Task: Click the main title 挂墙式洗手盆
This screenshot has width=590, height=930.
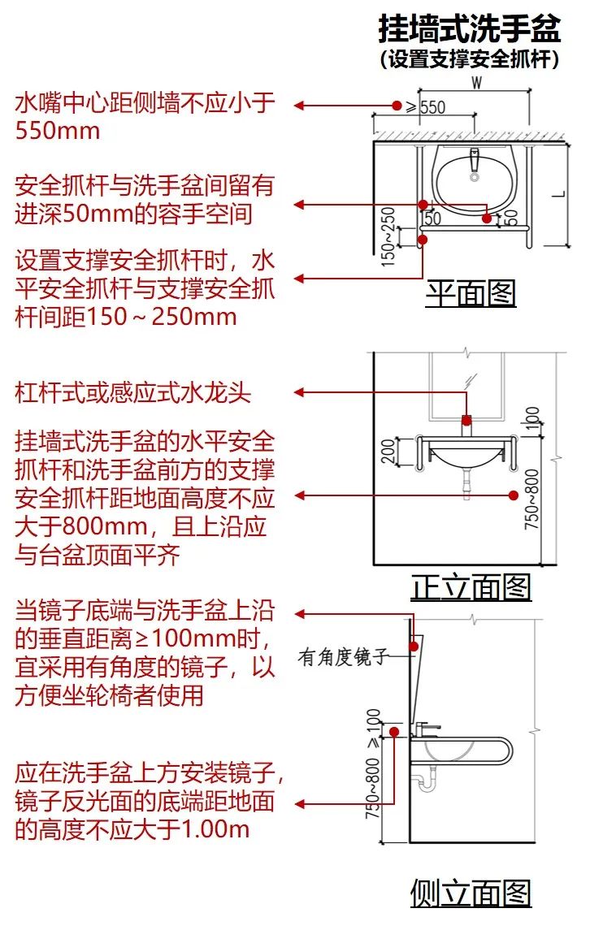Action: [470, 29]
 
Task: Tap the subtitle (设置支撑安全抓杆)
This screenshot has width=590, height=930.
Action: [470, 59]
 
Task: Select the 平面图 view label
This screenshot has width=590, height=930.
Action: [471, 293]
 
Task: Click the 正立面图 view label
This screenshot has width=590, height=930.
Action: [471, 586]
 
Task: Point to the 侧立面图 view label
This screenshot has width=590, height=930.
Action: [471, 893]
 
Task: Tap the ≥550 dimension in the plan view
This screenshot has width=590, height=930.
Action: [426, 106]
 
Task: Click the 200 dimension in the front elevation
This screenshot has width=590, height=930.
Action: [388, 452]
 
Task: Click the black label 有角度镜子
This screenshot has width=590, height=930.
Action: [344, 657]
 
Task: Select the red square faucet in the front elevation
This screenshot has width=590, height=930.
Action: [466, 420]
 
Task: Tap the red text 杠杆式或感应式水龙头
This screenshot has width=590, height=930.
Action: [133, 394]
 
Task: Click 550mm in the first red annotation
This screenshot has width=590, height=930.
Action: [58, 130]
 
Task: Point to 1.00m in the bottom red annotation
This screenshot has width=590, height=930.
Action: [215, 829]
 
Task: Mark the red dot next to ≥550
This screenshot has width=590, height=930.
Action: [397, 106]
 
